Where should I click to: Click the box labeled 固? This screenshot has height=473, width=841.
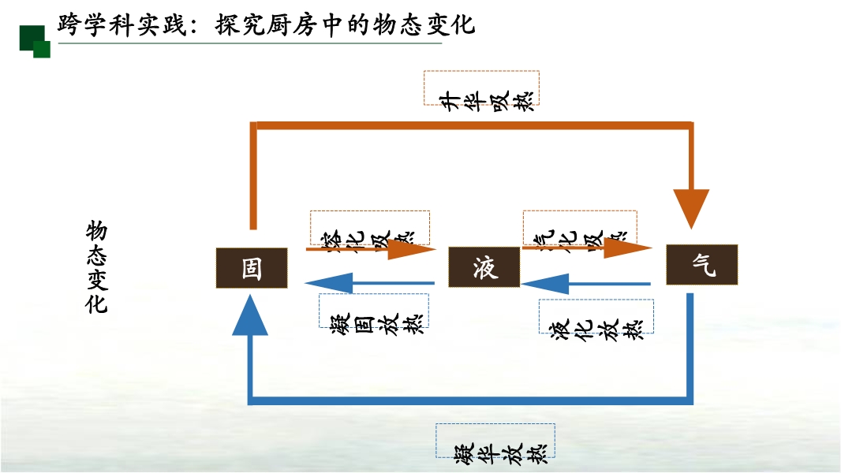[x=252, y=267]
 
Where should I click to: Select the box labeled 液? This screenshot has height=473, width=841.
[x=484, y=267]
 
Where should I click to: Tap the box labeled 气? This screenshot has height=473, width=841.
[x=701, y=265]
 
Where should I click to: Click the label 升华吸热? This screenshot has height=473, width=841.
[x=481, y=88]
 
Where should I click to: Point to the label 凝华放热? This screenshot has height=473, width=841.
[x=495, y=441]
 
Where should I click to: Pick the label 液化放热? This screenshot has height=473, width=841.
[x=596, y=318]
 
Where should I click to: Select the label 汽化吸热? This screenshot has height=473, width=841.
[x=580, y=228]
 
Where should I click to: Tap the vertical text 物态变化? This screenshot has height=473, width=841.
[x=96, y=267]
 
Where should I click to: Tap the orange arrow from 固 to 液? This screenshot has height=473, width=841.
[x=371, y=249]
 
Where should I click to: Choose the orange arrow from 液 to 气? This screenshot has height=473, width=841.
[x=588, y=248]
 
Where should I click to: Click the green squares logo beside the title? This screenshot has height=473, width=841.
[x=35, y=41]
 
